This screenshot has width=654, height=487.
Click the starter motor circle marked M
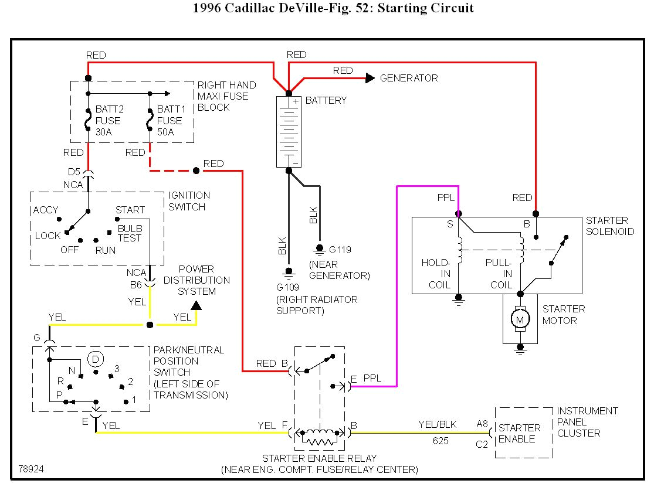click(519, 319)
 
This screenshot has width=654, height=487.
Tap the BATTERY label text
click(326, 100)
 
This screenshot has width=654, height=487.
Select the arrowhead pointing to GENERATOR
click(370, 78)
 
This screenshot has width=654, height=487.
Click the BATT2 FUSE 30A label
click(108, 121)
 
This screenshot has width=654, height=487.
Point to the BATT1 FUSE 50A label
click(170, 121)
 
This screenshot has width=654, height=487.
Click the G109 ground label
click(288, 288)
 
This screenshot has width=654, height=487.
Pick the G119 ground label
click(340, 249)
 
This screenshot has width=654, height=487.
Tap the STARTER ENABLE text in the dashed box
click(519, 433)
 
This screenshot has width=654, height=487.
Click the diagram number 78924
click(31, 469)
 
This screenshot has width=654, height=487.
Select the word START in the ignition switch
click(130, 210)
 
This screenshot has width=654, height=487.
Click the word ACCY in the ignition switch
click(46, 210)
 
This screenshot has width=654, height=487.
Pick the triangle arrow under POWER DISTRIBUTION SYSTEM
click(196, 305)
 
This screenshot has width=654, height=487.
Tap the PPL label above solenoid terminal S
click(446, 197)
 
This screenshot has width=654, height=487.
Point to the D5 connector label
click(74, 172)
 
